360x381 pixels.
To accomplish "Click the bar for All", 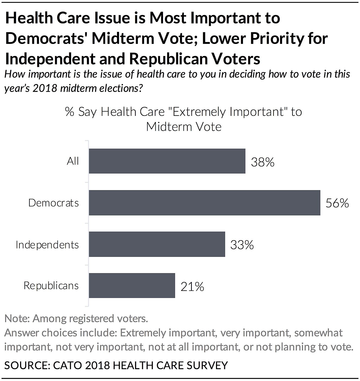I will (x=167, y=161).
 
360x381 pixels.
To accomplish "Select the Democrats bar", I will (x=204, y=203).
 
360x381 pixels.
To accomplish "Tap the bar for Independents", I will (x=157, y=244).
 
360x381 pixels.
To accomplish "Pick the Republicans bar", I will (x=132, y=286).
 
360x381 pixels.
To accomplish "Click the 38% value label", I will (x=263, y=162).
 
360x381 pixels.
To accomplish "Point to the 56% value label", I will (x=337, y=203).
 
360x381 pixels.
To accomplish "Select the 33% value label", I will (x=242, y=245).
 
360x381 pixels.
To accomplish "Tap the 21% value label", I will (x=192, y=286).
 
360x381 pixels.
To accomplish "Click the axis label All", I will (x=73, y=161).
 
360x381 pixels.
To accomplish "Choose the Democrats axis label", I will (x=53, y=203).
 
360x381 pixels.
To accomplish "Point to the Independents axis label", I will (x=47, y=245).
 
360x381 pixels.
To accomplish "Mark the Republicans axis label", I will (x=51, y=286).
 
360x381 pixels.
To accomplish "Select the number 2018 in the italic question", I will (x=44, y=88).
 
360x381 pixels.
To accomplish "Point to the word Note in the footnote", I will (x=16, y=319).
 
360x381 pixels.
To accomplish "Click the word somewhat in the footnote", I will (x=318, y=333).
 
